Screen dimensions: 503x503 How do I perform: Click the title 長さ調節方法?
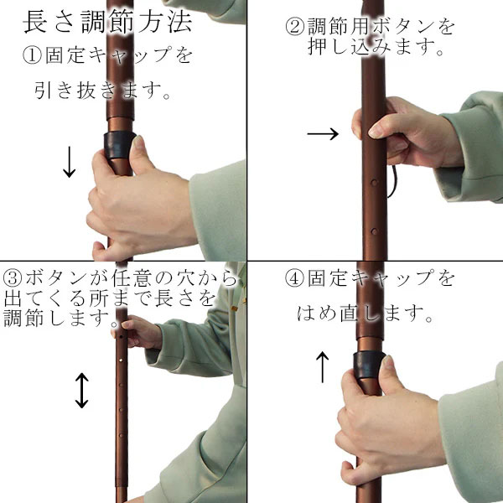pyautogui.click(x=107, y=22)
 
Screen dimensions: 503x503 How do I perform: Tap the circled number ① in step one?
pyautogui.click(x=32, y=55)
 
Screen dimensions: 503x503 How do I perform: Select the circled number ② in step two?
pyautogui.click(x=294, y=26)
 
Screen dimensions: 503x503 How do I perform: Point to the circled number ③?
pyautogui.click(x=13, y=278)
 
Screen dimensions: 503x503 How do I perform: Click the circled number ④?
pyautogui.click(x=294, y=278)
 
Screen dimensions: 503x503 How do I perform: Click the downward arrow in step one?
pyautogui.click(x=69, y=162)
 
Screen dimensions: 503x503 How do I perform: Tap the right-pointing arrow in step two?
pyautogui.click(x=323, y=133)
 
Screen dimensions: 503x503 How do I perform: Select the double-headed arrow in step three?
pyautogui.click(x=81, y=390)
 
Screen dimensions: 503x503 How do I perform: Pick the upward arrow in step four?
pyautogui.click(x=323, y=366)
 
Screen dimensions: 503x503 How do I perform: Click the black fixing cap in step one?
pyautogui.click(x=119, y=145)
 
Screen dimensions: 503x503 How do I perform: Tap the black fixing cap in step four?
pyautogui.click(x=369, y=365)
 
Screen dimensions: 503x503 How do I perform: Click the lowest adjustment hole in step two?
pyautogui.click(x=374, y=231)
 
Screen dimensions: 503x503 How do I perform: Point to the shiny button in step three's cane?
pyautogui.click(x=122, y=360)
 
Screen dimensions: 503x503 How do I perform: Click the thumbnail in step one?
pyautogui.click(x=138, y=143)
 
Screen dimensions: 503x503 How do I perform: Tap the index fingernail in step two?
pyautogui.click(x=375, y=132)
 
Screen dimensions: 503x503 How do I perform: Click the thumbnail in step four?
pyautogui.click(x=388, y=362)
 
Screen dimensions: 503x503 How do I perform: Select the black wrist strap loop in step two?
pyautogui.click(x=392, y=181)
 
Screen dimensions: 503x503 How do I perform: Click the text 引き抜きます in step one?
pyautogui.click(x=102, y=90)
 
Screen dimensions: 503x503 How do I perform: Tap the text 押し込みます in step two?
pyautogui.click(x=376, y=47)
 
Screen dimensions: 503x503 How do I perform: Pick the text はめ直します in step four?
pyautogui.click(x=365, y=314)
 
